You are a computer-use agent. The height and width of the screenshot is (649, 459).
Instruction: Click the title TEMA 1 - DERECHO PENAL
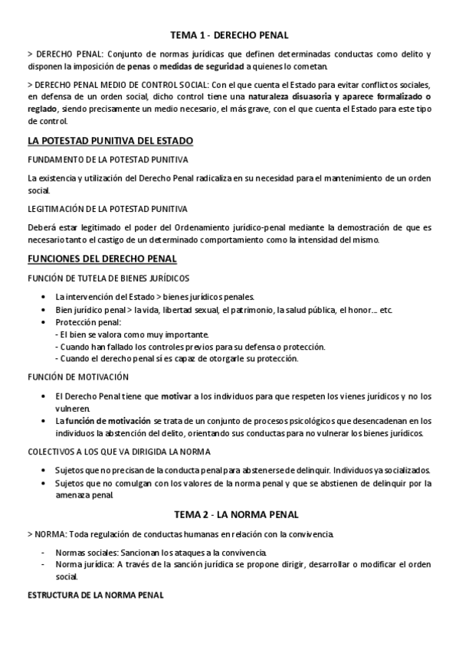(229, 34)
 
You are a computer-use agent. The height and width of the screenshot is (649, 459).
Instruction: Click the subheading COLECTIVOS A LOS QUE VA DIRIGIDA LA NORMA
(119, 451)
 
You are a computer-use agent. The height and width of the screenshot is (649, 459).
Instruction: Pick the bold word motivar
(175, 396)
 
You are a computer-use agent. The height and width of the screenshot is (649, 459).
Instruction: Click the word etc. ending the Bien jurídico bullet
(386, 309)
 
